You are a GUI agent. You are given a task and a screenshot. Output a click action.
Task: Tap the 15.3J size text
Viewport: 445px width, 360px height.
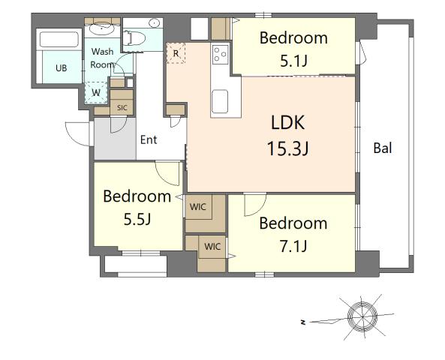click(x=288, y=148)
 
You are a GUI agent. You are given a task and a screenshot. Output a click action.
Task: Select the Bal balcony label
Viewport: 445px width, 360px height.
click(x=383, y=148)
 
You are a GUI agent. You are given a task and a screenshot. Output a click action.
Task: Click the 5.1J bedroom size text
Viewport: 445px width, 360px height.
click(x=293, y=61)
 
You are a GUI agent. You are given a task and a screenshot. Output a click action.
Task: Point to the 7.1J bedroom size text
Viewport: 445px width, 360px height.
click(x=293, y=246)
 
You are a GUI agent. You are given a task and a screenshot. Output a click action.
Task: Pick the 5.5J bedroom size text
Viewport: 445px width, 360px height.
click(x=137, y=220)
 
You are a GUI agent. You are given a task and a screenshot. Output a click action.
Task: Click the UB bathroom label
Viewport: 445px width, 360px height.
click(x=60, y=67)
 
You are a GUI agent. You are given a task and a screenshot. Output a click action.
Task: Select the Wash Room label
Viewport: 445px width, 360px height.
click(x=103, y=58)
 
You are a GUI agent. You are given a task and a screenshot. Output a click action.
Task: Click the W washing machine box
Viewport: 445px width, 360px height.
click(x=96, y=93)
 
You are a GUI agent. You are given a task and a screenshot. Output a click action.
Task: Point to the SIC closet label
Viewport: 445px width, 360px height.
click(x=122, y=108)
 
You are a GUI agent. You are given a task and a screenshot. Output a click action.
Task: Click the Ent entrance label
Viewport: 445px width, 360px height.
click(x=149, y=139)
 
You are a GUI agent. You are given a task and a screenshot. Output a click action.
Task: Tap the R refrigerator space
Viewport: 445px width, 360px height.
click(x=176, y=53)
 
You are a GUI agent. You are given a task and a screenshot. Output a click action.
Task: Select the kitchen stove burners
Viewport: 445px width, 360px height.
click(x=221, y=53)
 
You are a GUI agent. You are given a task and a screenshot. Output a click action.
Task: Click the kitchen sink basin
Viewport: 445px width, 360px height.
click(x=221, y=100)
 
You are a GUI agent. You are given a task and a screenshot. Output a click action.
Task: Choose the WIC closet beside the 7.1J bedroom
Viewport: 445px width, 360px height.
click(x=212, y=245)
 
